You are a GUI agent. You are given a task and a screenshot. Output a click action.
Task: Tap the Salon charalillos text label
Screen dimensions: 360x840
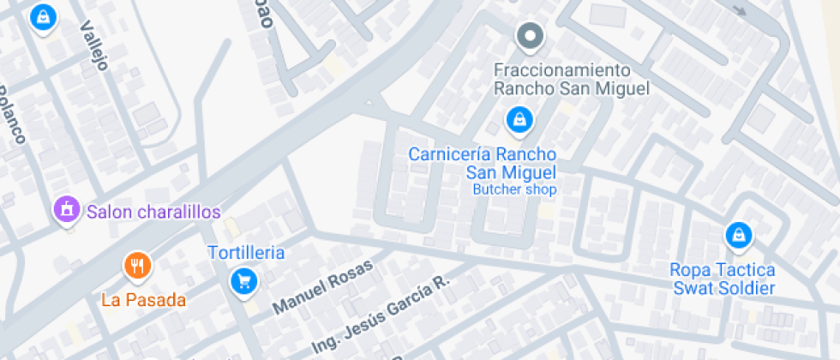[153, 211]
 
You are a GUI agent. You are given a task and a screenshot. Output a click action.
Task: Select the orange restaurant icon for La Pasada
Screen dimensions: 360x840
[137, 265]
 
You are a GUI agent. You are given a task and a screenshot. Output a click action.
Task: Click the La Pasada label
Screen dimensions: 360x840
[143, 300]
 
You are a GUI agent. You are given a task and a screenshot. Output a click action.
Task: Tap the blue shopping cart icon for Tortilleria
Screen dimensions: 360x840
[245, 280]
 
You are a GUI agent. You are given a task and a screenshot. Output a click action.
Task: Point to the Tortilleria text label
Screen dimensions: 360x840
[246, 253]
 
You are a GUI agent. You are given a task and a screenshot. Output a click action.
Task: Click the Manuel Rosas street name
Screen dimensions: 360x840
[323, 286]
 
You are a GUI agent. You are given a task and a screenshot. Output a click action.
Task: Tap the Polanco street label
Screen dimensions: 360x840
[11, 115]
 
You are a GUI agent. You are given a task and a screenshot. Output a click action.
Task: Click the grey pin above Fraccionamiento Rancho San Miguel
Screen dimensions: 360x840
[530, 36]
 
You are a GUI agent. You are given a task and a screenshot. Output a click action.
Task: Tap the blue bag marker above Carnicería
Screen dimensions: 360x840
[518, 121]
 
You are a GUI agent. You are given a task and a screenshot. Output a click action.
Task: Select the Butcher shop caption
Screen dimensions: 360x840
[514, 189]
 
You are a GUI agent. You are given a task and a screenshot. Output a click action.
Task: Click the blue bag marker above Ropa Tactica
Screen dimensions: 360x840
[737, 233]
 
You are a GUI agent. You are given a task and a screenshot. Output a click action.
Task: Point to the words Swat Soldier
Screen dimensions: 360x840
[723, 288]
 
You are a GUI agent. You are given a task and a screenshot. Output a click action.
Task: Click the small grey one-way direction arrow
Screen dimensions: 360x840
[740, 9]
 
